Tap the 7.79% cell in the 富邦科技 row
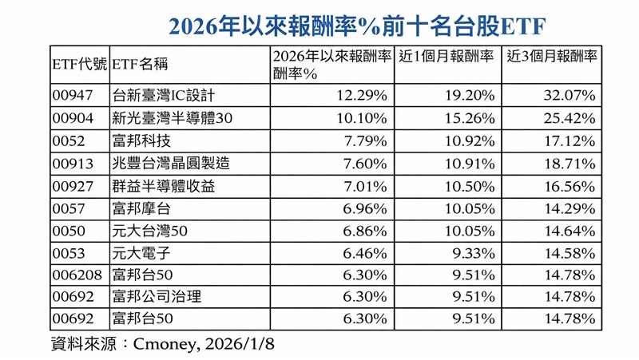(369, 140)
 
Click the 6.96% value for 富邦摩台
(369, 208)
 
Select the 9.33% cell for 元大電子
(470, 253)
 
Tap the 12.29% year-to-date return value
(365, 95)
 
